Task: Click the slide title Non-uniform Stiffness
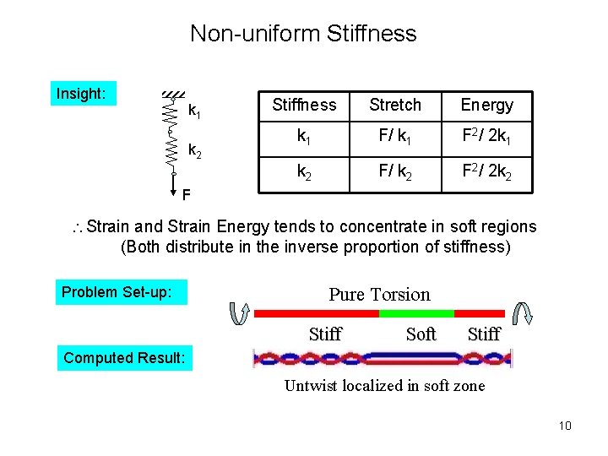pyautogui.click(x=303, y=34)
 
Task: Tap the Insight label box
pyautogui.click(x=81, y=94)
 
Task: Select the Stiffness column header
pyautogui.click(x=304, y=105)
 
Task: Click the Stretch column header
pyautogui.click(x=395, y=105)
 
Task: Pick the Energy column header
pyautogui.click(x=486, y=105)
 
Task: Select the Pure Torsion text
pyautogui.click(x=379, y=295)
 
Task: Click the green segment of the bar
pyautogui.click(x=405, y=313)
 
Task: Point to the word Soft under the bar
pyautogui.click(x=421, y=334)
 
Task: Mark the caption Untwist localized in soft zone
pyautogui.click(x=384, y=386)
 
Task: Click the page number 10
pyautogui.click(x=565, y=425)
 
